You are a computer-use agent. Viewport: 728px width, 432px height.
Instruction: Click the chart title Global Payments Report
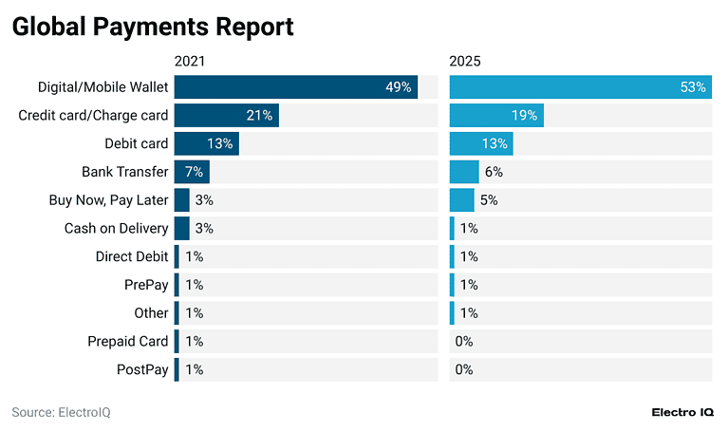(x=152, y=28)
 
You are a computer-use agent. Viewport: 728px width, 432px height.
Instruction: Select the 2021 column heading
(x=190, y=62)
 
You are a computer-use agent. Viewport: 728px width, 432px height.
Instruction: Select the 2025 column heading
(x=465, y=62)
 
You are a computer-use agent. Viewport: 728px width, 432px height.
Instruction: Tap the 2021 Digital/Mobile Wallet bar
(x=295, y=87)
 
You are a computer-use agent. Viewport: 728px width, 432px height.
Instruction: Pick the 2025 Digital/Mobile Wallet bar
(x=580, y=87)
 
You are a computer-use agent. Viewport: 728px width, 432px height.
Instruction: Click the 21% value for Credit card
(x=260, y=116)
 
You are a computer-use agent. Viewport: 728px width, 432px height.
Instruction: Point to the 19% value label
(x=524, y=116)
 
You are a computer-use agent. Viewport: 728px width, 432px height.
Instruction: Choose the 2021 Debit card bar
(x=206, y=143)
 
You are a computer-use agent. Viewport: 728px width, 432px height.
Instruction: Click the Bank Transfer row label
(x=125, y=172)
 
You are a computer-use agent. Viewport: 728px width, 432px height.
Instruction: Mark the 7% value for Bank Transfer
(x=195, y=172)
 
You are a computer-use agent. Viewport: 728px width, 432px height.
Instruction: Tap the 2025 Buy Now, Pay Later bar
(x=461, y=200)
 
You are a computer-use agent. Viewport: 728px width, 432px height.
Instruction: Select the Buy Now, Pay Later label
(x=108, y=200)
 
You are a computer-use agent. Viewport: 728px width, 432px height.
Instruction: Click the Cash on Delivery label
(x=116, y=228)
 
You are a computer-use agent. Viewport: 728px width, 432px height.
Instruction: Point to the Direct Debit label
(x=132, y=256)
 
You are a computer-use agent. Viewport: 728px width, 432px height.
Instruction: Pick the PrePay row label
(x=146, y=285)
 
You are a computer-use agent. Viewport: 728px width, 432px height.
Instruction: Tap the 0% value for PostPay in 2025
(x=464, y=369)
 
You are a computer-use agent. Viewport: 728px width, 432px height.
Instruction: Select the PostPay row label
(x=142, y=369)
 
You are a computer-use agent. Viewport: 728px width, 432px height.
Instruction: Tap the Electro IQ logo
(x=683, y=412)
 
